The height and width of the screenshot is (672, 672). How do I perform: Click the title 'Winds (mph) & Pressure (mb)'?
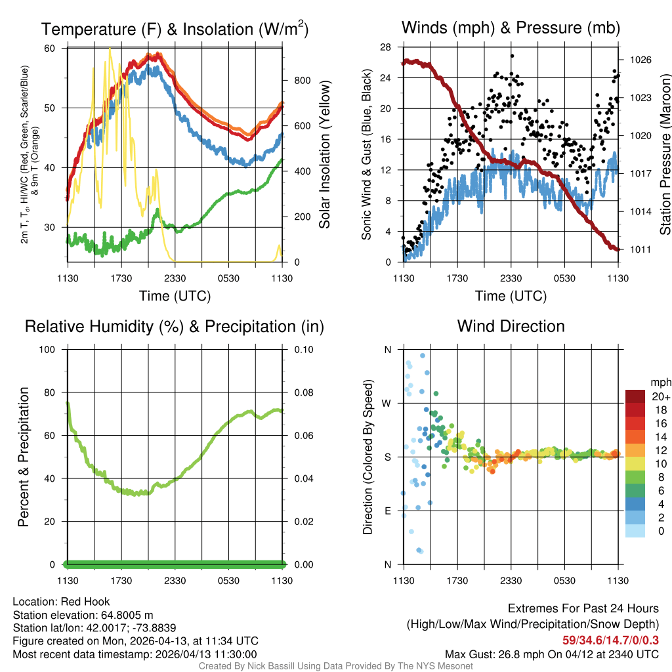click(511, 28)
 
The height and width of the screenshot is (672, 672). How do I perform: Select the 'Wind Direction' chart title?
click(511, 326)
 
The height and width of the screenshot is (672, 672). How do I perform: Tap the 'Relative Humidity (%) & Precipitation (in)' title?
click(175, 326)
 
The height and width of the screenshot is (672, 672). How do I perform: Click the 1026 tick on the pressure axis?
click(640, 60)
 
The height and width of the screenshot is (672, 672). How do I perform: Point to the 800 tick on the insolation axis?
click(302, 80)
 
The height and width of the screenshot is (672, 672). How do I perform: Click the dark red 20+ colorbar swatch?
click(635, 396)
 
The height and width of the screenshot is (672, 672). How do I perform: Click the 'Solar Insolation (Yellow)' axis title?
click(324, 155)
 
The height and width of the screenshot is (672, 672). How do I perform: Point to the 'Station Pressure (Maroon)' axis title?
click(664, 155)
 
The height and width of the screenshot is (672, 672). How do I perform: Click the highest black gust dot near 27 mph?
click(511, 56)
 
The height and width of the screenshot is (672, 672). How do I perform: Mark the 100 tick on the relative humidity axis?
click(54, 349)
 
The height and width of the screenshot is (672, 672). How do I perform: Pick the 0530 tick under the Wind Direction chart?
click(564, 581)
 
